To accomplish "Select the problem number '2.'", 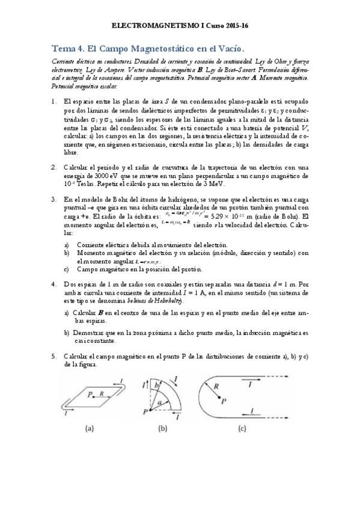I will [53, 167].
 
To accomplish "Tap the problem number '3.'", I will [53, 199].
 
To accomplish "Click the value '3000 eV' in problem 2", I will [105, 176].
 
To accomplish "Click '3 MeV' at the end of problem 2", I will [226, 183].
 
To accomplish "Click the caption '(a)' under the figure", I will [88, 429].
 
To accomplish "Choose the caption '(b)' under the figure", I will [162, 429].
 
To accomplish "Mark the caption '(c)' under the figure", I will [242, 429].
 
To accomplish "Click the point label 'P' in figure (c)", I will [224, 400].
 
